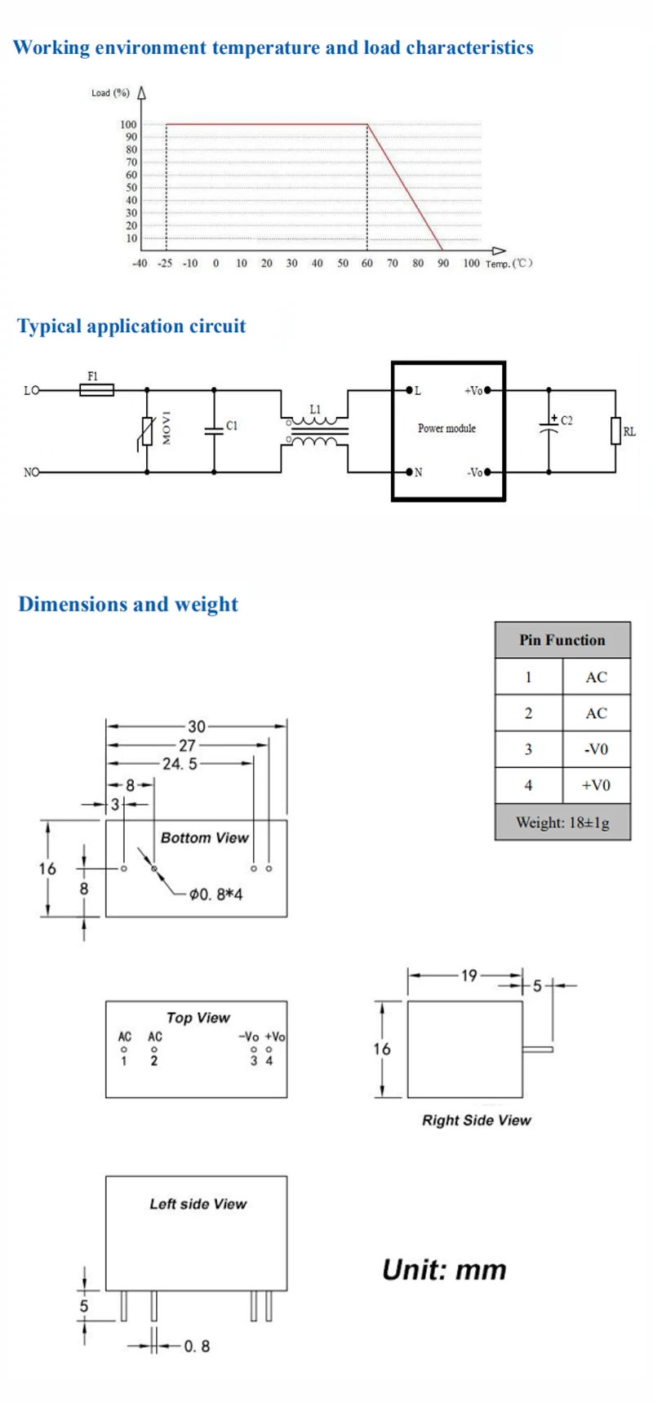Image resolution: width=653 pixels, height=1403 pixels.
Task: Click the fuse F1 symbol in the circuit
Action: pos(96,390)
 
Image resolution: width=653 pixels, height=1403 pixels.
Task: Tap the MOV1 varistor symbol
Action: pos(147,431)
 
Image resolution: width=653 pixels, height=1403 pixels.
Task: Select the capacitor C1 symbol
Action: pos(214,431)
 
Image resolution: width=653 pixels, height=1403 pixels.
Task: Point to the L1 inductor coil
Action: pos(315,430)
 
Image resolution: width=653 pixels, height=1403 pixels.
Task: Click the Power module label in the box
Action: pos(446,428)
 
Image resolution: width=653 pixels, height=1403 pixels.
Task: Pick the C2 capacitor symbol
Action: pos(549,426)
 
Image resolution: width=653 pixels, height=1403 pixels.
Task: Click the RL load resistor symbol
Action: pos(615,431)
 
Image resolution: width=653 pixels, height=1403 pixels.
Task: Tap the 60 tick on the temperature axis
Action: pos(367,264)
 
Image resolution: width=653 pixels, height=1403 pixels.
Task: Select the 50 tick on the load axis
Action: pos(131,188)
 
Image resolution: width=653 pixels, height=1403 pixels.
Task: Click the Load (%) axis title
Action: pos(110,93)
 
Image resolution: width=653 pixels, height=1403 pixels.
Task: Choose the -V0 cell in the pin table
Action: pos(597,749)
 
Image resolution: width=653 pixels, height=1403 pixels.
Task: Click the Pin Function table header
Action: pos(562,640)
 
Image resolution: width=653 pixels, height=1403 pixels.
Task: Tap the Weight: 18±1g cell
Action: pos(562,822)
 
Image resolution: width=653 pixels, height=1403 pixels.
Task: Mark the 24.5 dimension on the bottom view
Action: pos(180,764)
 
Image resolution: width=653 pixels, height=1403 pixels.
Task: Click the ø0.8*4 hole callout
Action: pos(215,895)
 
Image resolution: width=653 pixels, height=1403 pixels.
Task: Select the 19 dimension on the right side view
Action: pos(469,975)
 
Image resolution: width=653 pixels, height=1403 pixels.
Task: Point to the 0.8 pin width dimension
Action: pos(197,1346)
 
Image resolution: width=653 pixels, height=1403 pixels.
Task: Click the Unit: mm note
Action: pos(444,1270)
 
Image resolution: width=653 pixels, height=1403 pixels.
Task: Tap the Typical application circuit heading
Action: pos(131,326)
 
